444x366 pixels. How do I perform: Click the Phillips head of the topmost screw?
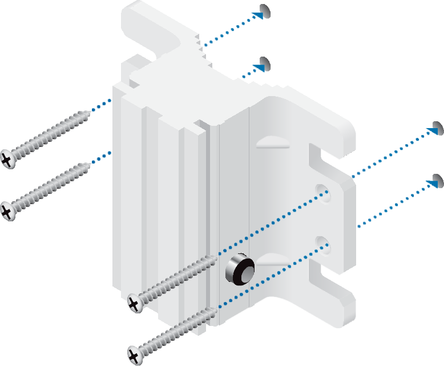click(7, 159)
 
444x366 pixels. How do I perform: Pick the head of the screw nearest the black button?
click(135, 303)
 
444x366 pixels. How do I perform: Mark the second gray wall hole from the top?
click(265, 62)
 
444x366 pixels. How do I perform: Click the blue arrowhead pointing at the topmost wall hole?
click(257, 15)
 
